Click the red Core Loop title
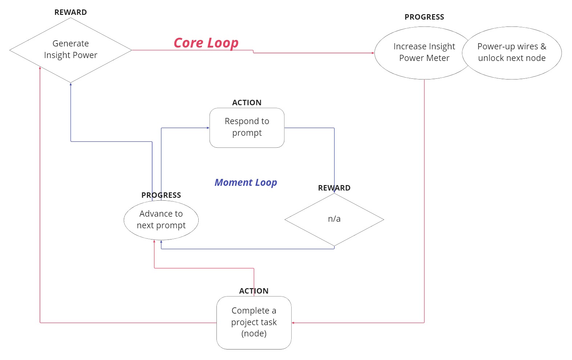[x=206, y=43]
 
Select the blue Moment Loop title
[x=246, y=182]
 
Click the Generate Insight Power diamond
[x=70, y=50]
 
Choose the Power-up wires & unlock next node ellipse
[x=512, y=53]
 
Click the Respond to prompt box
[x=247, y=127]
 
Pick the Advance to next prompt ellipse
[x=161, y=220]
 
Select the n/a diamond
[x=334, y=219]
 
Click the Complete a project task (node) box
[x=254, y=322]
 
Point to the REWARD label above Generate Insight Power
[x=70, y=12]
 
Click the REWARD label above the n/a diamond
[x=334, y=188]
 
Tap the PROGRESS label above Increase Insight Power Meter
[x=424, y=17]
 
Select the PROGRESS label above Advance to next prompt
[x=161, y=195]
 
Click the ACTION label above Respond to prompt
[x=247, y=103]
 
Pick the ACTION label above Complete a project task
[x=254, y=291]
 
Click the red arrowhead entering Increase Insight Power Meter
[x=373, y=53]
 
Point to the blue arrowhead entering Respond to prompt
[x=208, y=128]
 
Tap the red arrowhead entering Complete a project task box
[x=293, y=323]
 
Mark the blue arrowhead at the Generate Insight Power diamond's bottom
[x=70, y=85]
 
